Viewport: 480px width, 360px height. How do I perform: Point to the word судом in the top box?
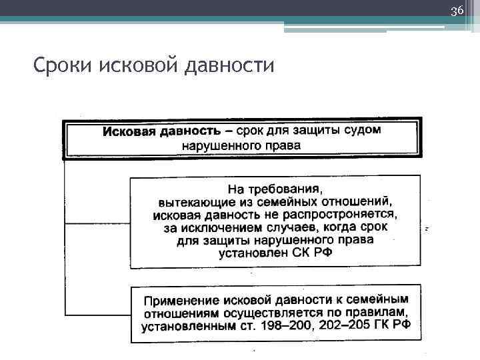click(x=361, y=130)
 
